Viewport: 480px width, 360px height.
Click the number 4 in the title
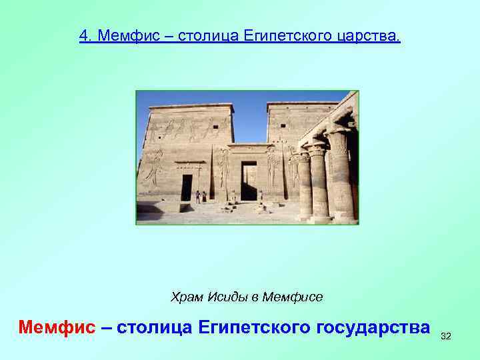83,35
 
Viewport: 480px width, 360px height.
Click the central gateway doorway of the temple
249,181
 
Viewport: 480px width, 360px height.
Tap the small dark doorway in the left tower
187,187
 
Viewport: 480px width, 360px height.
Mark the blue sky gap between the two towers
250,120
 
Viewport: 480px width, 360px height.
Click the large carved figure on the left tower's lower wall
154,166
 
